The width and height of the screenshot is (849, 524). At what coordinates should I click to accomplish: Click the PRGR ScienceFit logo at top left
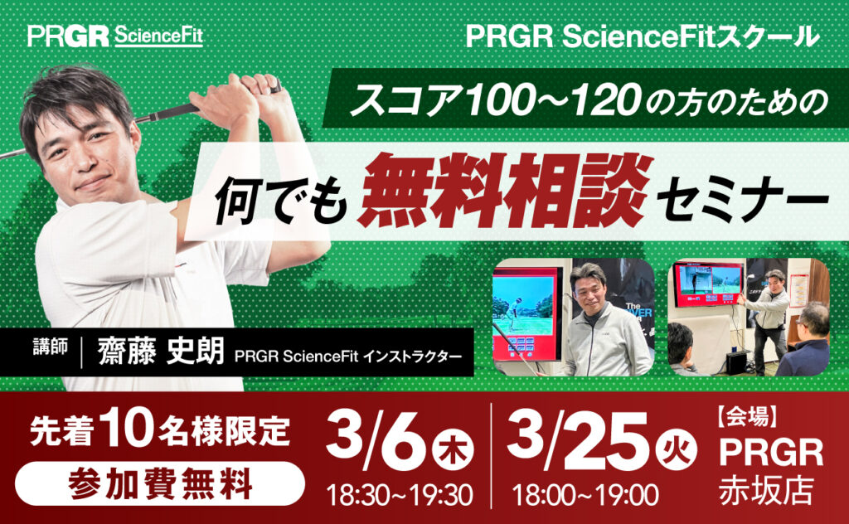114,36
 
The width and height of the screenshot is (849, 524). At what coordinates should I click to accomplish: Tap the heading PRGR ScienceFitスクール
643,36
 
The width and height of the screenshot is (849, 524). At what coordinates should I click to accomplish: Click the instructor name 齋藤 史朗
161,352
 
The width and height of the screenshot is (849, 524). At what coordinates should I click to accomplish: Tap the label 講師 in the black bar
51,347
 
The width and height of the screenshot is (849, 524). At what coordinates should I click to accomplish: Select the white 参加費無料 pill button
159,483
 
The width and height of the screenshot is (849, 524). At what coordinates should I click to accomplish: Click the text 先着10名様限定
159,431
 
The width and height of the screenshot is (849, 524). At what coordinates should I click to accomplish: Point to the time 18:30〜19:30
400,495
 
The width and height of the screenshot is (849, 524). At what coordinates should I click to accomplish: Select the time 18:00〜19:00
585,495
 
